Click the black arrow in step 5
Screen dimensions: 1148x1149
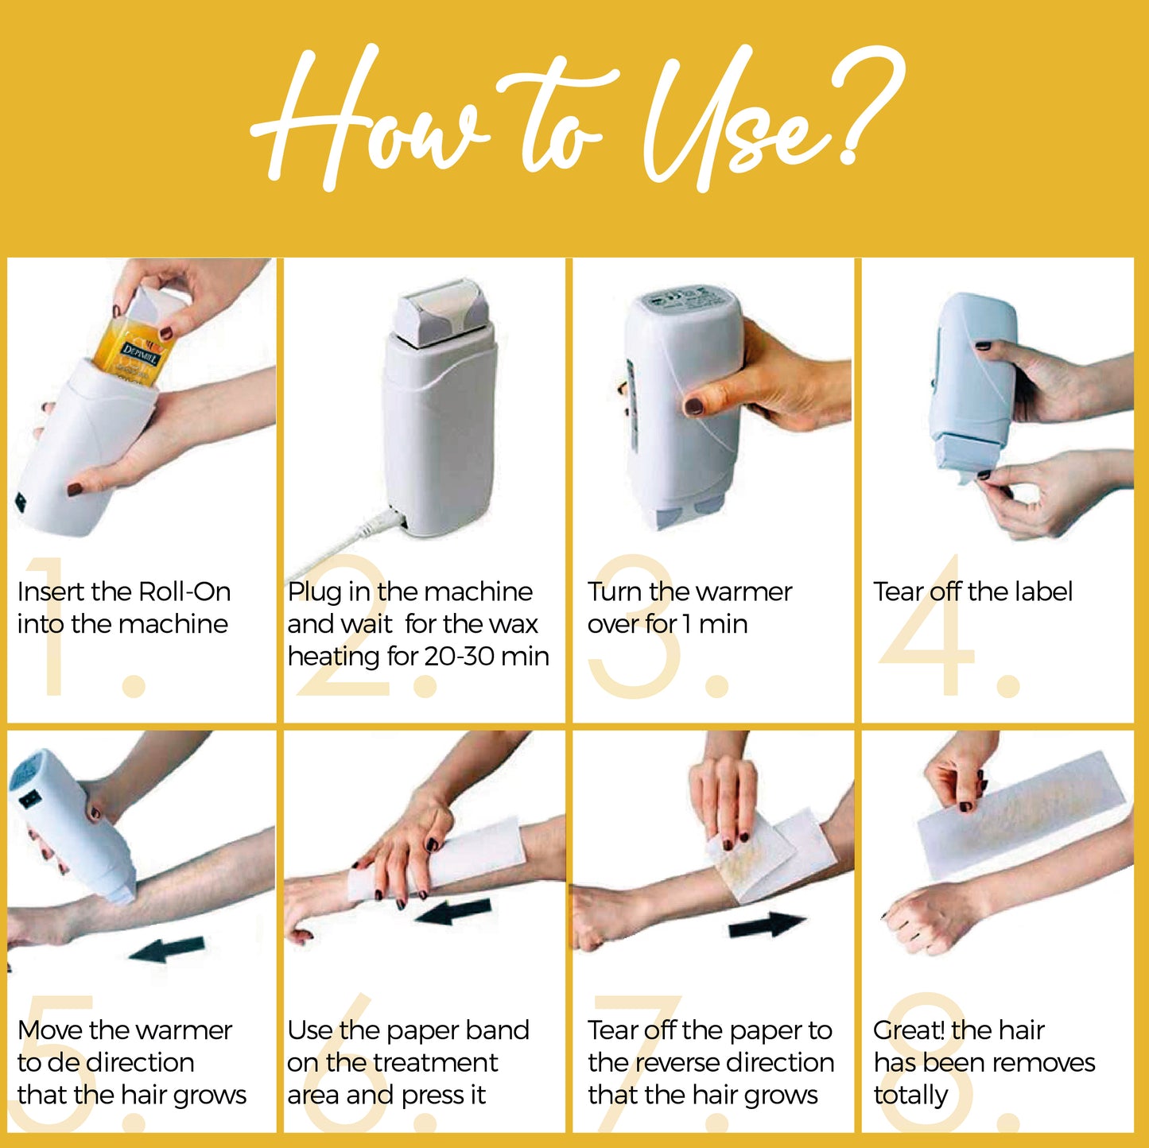pos(168,948)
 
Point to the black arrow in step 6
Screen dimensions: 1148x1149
pos(452,912)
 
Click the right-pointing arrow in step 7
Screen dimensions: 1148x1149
pos(766,925)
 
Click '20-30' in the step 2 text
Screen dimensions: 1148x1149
pos(458,656)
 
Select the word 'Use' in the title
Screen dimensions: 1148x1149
pos(732,119)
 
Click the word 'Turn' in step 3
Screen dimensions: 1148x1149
pos(615,591)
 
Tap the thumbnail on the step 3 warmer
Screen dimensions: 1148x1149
pos(693,407)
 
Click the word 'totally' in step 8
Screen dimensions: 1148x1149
pos(910,1096)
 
